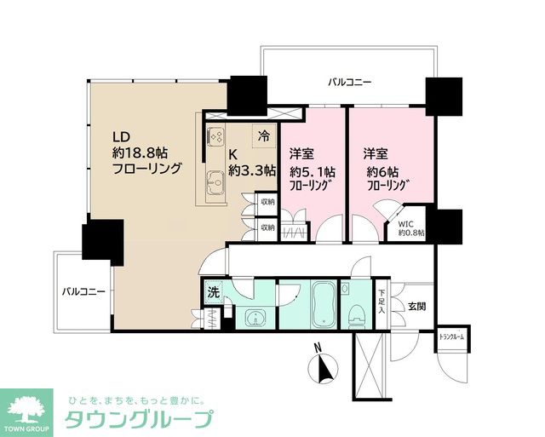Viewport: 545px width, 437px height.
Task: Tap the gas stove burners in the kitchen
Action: click(x=215, y=136)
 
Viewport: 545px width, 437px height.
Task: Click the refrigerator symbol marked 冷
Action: click(x=264, y=135)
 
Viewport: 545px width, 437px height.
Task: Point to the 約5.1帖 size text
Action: click(x=311, y=170)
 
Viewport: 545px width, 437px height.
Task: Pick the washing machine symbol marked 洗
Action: click(x=213, y=293)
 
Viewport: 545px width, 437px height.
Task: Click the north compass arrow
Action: click(x=321, y=367)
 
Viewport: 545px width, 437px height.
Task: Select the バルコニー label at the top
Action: click(x=349, y=82)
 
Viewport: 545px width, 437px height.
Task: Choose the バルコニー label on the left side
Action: click(x=83, y=291)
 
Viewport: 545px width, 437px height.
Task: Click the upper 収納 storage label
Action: click(x=267, y=203)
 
